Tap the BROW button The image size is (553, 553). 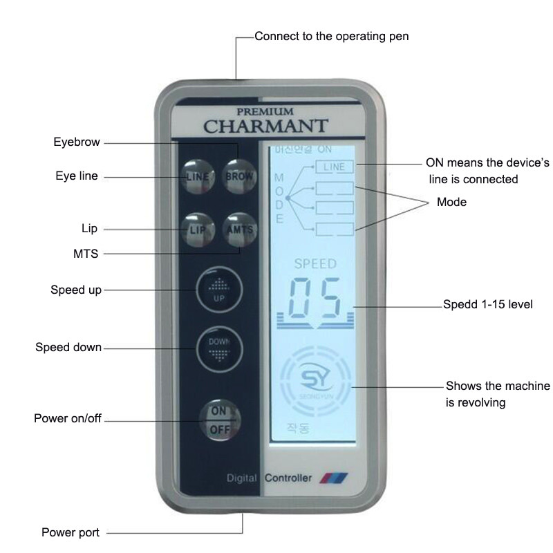point(239,176)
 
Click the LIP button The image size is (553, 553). point(197,228)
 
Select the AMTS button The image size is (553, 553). point(239,229)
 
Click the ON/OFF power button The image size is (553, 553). point(218,419)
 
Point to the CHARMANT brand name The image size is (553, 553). point(265,126)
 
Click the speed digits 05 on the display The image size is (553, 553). point(315,299)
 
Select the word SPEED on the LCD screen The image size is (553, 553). point(315,263)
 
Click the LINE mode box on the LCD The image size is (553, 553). point(334,166)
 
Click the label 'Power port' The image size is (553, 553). point(71,532)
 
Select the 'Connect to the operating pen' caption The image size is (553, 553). point(332,36)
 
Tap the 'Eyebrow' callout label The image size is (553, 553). point(77,142)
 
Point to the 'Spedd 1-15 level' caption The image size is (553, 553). point(488,304)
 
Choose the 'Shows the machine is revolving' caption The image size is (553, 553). point(498,393)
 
